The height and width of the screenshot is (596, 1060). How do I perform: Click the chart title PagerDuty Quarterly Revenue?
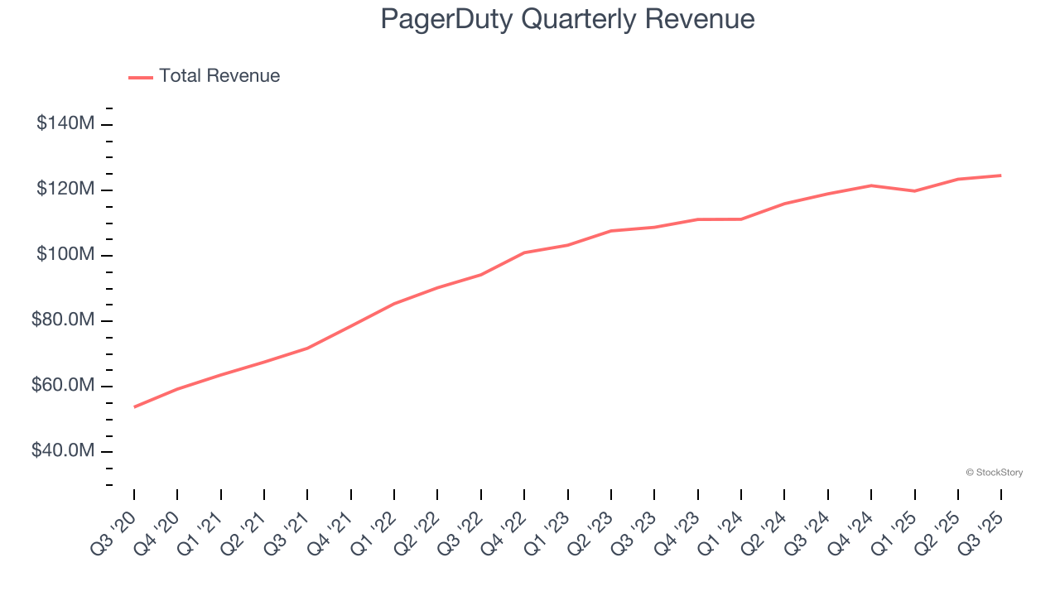pyautogui.click(x=567, y=19)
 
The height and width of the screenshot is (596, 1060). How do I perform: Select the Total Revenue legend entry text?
pyautogui.click(x=219, y=76)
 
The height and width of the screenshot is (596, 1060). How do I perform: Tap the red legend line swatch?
pyautogui.click(x=141, y=77)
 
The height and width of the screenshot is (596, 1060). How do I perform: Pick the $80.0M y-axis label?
pyautogui.click(x=63, y=320)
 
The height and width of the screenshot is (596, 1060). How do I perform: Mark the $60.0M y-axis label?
pyautogui.click(x=63, y=386)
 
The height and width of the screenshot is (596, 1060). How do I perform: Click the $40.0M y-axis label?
pyautogui.click(x=63, y=451)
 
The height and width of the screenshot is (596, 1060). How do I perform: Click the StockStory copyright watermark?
pyautogui.click(x=994, y=473)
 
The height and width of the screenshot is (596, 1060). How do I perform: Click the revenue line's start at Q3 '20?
pyautogui.click(x=134, y=406)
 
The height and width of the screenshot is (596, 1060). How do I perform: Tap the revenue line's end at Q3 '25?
pyautogui.click(x=1000, y=175)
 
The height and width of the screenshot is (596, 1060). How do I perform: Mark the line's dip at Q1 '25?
pyautogui.click(x=914, y=191)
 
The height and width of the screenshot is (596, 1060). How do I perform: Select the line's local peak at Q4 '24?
pyautogui.click(x=871, y=185)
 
